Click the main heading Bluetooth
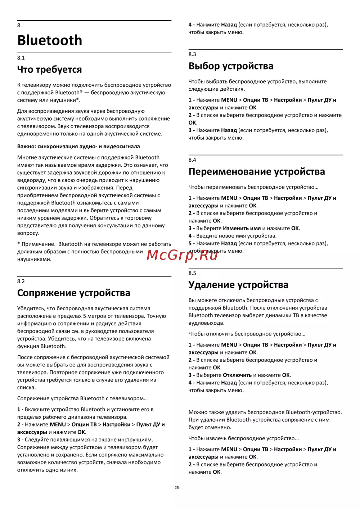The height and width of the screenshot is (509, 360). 50,40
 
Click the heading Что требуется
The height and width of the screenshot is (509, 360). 49,69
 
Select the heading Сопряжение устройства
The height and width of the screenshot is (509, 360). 73,293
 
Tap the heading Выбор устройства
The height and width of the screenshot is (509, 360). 231,66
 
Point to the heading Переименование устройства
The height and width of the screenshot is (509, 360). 256,172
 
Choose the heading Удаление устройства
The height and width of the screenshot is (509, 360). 238,285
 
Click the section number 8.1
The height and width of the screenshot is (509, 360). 21,58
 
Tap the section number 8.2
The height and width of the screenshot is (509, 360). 21,281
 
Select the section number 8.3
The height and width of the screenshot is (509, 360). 192,54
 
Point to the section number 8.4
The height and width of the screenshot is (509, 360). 192,160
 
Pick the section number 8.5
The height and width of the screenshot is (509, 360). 192,273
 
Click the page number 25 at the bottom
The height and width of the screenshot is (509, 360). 176,488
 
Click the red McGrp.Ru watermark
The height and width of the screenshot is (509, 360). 182,255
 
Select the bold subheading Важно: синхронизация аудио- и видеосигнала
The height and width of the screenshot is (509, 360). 78,147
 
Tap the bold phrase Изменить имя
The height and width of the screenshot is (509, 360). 242,228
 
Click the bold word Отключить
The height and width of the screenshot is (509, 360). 237,375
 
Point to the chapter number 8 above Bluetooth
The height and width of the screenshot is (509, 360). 19,26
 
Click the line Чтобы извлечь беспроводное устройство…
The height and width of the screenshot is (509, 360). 243,438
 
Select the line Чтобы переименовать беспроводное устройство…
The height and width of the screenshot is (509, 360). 253,187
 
